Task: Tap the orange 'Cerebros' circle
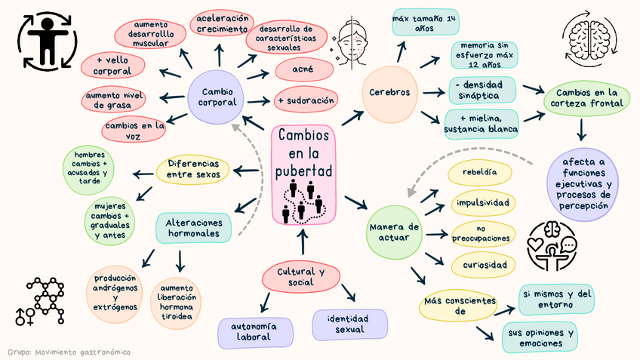click(x=389, y=94)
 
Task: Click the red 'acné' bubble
click(x=303, y=70)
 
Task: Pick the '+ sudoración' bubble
click(x=306, y=100)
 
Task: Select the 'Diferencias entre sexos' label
click(x=192, y=169)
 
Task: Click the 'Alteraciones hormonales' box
click(x=194, y=229)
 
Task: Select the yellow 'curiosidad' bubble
click(x=483, y=265)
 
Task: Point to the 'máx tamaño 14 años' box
click(x=425, y=22)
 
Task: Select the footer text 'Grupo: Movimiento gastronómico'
click(x=68, y=352)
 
